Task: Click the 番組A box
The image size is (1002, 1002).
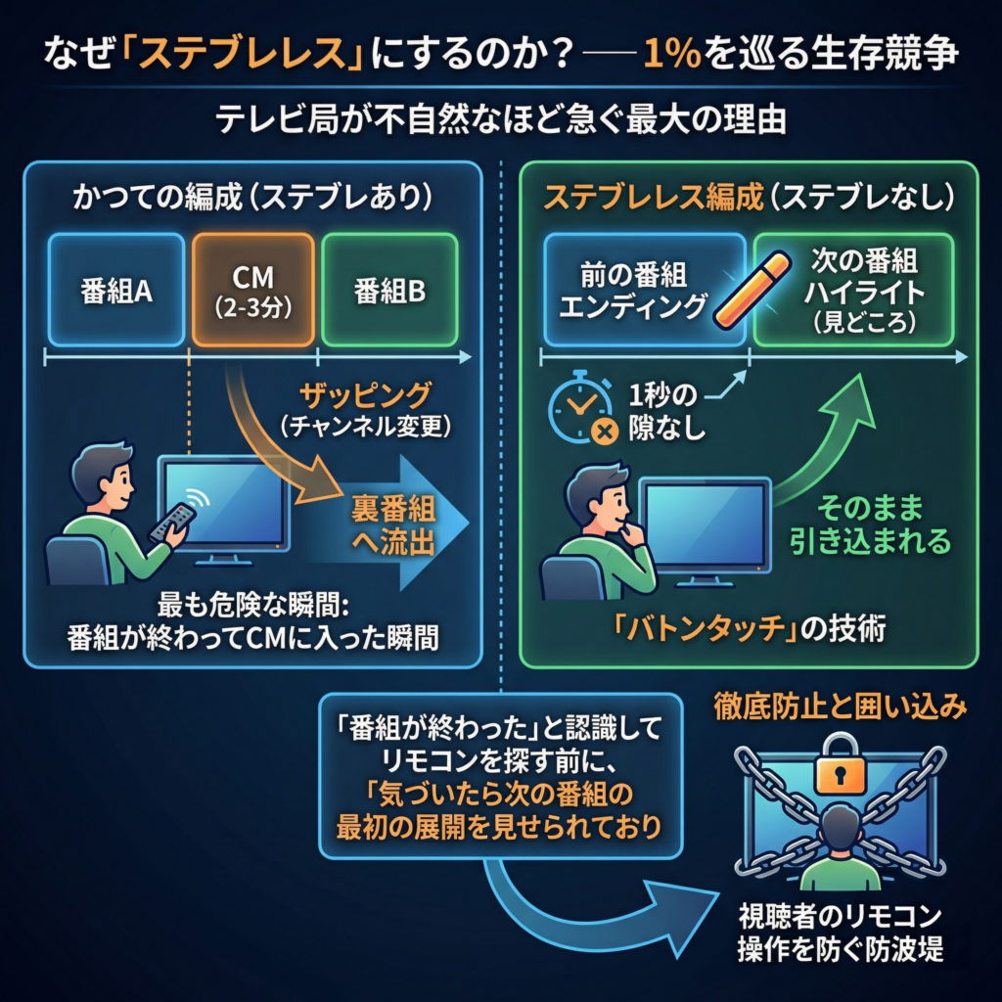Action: coord(115,290)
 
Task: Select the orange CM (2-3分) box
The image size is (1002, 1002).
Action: coord(253,290)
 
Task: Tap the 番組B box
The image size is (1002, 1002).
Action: coord(389,290)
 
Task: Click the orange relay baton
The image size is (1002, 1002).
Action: coord(752,290)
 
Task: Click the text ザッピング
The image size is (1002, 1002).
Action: coord(364,396)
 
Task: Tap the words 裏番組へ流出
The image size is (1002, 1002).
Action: coord(393,526)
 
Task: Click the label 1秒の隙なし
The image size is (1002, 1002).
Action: coord(667,412)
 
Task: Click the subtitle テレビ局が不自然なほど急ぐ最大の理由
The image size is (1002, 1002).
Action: coord(500,123)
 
